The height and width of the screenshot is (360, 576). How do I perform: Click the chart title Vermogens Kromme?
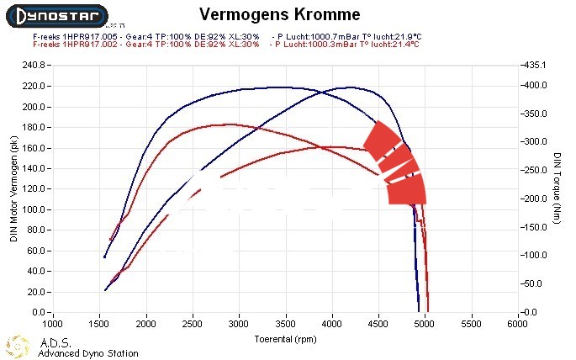click(x=280, y=15)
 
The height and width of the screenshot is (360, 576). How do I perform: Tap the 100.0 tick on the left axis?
click(x=33, y=209)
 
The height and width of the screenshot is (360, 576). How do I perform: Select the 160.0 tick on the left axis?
click(x=33, y=148)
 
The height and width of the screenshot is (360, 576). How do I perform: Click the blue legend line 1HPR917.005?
click(x=146, y=37)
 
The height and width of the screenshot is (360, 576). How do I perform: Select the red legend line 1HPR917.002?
click(x=146, y=44)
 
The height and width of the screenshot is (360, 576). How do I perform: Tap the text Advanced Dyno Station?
click(x=88, y=353)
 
